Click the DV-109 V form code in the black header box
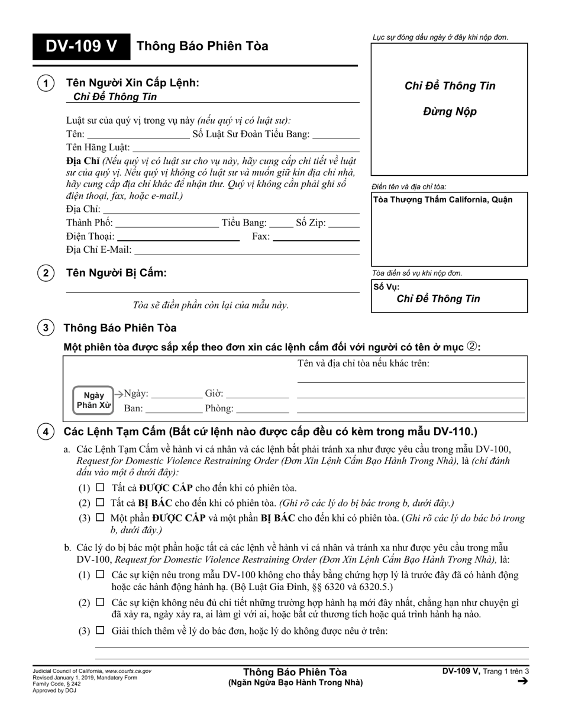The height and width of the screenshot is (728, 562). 81,46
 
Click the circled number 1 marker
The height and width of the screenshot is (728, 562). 46,84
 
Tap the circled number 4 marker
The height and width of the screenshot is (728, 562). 46,432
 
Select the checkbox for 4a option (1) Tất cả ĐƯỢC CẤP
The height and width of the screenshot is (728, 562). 100,488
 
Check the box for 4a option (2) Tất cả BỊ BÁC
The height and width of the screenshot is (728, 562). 100,502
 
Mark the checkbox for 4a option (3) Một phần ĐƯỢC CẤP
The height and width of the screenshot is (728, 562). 100,517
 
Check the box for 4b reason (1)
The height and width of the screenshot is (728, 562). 100,574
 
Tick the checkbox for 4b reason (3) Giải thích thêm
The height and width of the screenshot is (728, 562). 100,630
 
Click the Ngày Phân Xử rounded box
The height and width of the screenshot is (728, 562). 93,400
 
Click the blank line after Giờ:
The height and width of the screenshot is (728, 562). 257,394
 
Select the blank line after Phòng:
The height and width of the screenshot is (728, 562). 263,409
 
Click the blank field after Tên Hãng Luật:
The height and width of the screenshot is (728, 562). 246,148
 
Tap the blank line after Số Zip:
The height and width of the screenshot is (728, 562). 344,224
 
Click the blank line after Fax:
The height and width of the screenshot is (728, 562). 316,237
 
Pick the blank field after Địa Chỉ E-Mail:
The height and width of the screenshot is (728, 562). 247,250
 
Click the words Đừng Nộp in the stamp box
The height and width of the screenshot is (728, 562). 449,111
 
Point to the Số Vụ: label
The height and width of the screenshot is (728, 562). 386,287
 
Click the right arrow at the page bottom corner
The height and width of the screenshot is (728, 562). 522,681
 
